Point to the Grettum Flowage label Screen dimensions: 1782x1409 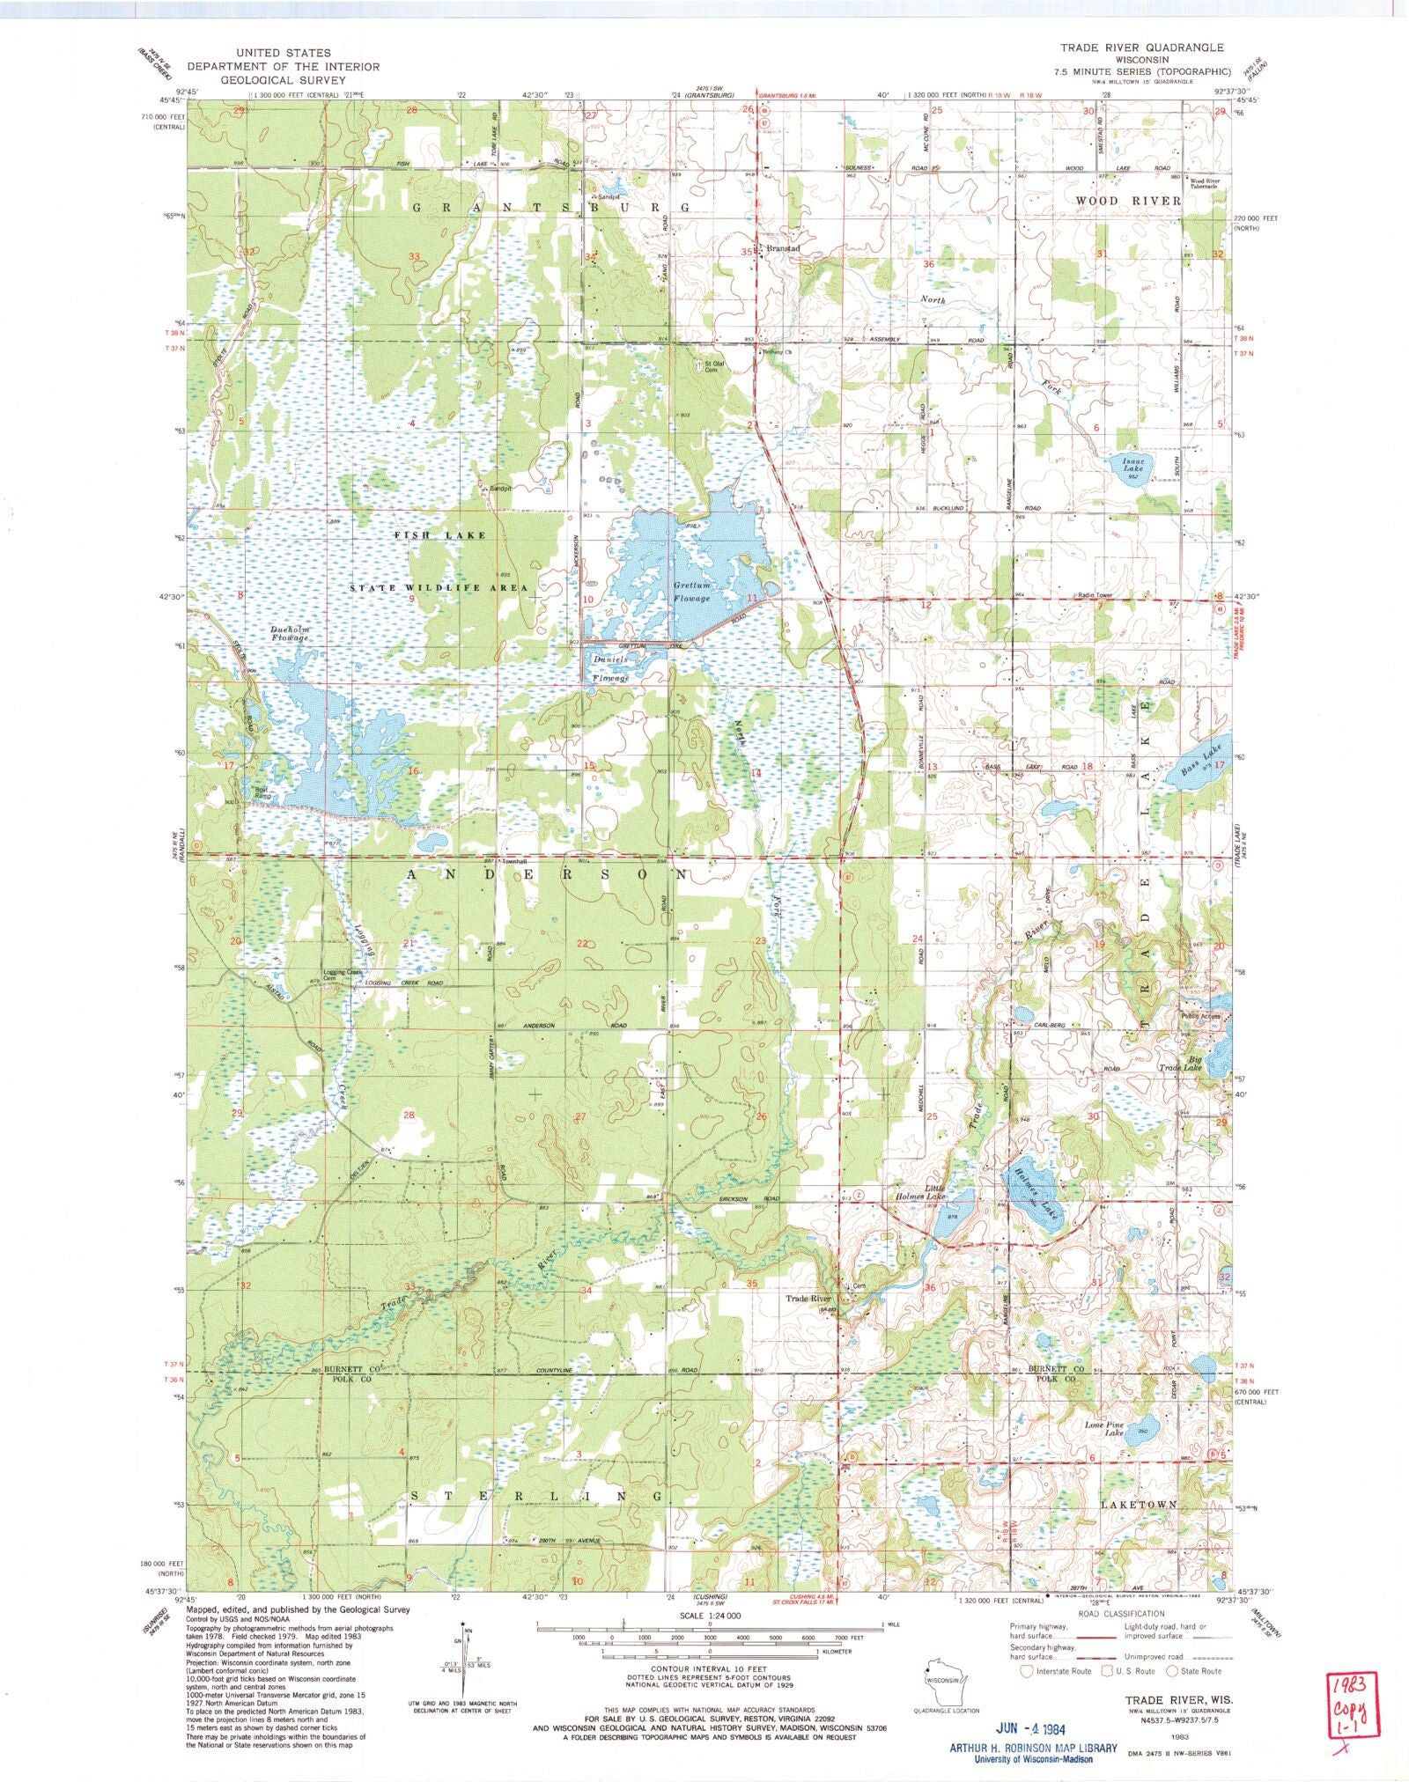pyautogui.click(x=691, y=592)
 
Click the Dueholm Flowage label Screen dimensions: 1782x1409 pyautogui.click(x=297, y=633)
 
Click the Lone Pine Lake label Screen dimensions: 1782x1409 pyautogui.click(x=1105, y=1428)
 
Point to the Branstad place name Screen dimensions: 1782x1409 pyautogui.click(x=783, y=249)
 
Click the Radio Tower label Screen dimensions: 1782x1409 pyautogui.click(x=1095, y=595)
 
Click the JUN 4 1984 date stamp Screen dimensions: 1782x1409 pyautogui.click(x=1033, y=1728)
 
